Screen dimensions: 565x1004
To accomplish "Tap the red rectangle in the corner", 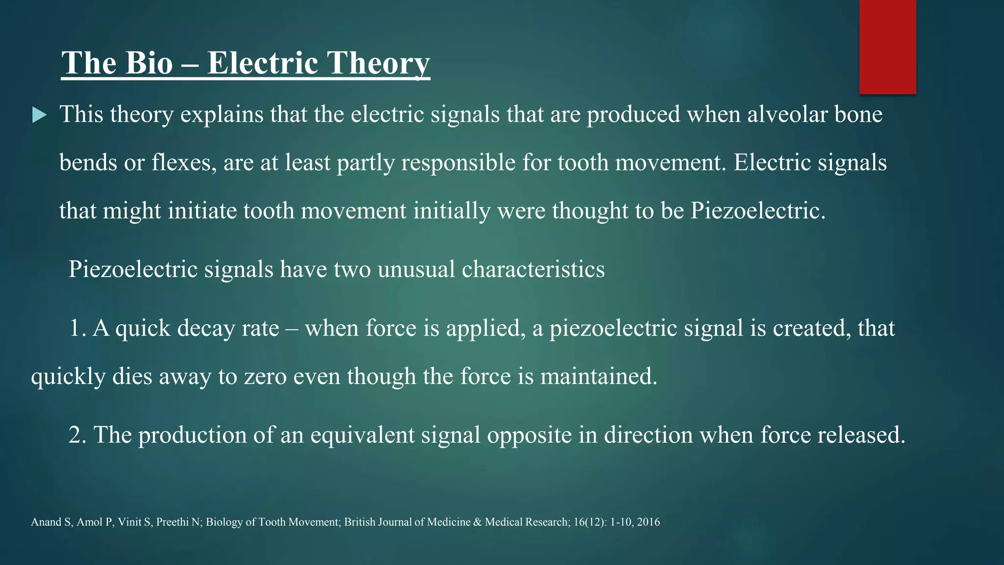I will pyautogui.click(x=887, y=47).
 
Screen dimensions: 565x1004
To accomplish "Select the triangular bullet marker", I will pyautogui.click(x=39, y=116).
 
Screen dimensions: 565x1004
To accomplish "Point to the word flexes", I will pyautogui.click(x=184, y=162).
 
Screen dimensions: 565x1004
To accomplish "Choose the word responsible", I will pyautogui.click(x=458, y=162).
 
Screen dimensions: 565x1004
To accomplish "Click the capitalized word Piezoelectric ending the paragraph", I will pyautogui.click(x=758, y=210).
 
